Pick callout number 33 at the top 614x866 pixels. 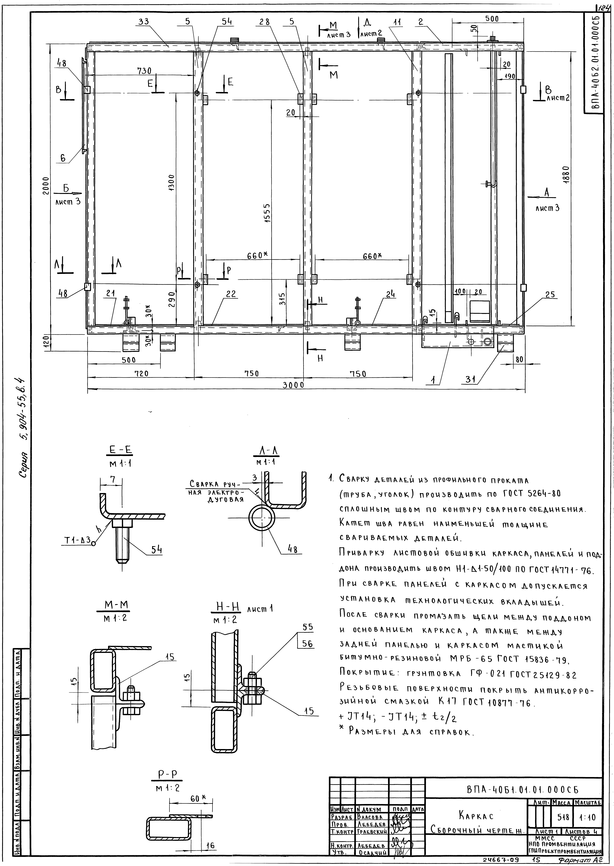pyautogui.click(x=144, y=22)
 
